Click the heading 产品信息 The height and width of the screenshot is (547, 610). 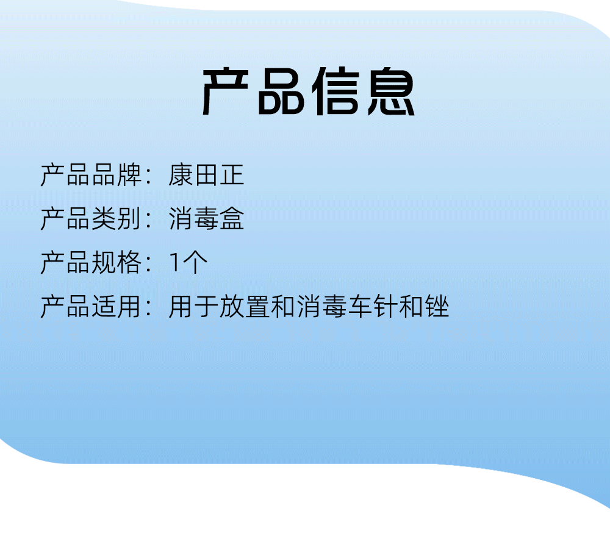(309, 91)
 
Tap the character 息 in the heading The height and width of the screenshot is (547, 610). (392, 91)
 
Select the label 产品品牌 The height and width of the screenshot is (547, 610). (91, 175)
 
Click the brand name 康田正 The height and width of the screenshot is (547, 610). (206, 175)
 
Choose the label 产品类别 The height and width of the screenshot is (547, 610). (91, 219)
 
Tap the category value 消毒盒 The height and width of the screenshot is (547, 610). (206, 219)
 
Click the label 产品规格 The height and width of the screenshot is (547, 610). (91, 263)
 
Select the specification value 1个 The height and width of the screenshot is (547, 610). (188, 263)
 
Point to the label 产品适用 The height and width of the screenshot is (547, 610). (91, 307)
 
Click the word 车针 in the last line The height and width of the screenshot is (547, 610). (373, 307)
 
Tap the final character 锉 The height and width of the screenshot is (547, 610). (437, 307)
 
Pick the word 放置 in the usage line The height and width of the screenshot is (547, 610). (245, 307)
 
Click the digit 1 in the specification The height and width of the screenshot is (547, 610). (175, 263)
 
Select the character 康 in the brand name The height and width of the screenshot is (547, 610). (181, 175)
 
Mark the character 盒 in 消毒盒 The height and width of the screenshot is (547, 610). (232, 219)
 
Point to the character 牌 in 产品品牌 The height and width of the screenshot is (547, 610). (129, 175)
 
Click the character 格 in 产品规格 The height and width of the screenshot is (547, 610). (129, 263)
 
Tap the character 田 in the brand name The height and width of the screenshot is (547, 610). (206, 175)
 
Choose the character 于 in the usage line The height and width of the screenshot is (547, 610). (206, 307)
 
